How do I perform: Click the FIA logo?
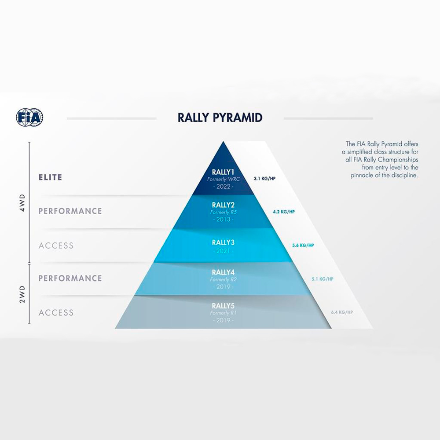click(29, 117)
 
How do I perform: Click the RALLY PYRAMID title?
click(220, 118)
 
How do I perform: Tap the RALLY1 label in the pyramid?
click(223, 172)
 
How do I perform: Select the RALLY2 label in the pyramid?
click(223, 205)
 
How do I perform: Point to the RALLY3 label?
click(223, 242)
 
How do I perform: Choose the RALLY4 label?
click(223, 272)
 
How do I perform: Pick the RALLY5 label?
click(223, 306)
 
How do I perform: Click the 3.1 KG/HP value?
click(264, 179)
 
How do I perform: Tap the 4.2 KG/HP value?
click(284, 212)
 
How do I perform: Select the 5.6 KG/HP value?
click(303, 246)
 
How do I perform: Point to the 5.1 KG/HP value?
click(323, 279)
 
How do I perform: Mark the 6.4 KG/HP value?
click(342, 312)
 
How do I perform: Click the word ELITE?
click(51, 177)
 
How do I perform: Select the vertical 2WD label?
click(22, 294)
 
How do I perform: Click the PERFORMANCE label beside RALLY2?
click(70, 211)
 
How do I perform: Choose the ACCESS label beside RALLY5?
click(56, 312)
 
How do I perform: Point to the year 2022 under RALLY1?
click(224, 187)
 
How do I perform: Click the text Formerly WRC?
click(224, 180)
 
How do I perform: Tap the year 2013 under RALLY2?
click(224, 220)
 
